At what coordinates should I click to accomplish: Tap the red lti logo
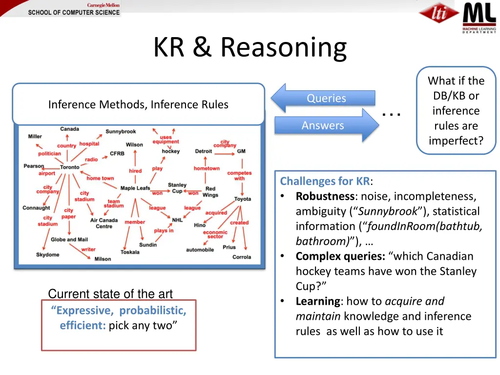(439, 15)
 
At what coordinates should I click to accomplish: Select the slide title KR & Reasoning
(250, 48)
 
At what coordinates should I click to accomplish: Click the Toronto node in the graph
(70, 167)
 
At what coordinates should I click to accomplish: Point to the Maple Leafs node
(135, 188)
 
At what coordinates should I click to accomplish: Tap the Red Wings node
(210, 191)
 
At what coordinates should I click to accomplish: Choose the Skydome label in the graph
(47, 254)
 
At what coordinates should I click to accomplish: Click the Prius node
(229, 247)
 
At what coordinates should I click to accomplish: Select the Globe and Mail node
(69, 240)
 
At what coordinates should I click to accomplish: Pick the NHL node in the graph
(177, 220)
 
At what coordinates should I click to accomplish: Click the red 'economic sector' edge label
(215, 234)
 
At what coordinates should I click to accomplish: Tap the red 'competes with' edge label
(239, 176)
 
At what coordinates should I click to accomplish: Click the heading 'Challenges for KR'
(325, 182)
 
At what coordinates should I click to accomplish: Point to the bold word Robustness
(324, 196)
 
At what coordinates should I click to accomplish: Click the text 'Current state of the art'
(110, 294)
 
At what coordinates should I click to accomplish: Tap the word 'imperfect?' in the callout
(456, 141)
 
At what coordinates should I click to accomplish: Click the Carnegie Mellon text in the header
(103, 5)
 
